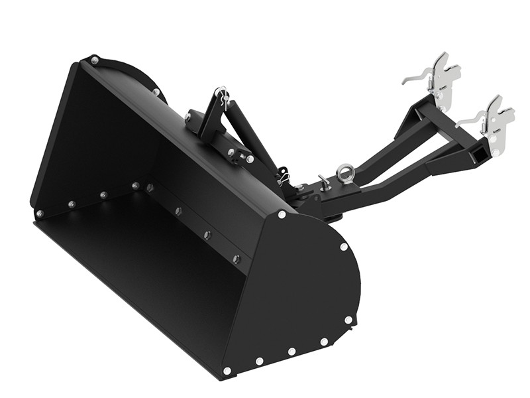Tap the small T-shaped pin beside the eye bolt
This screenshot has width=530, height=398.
click(324, 182)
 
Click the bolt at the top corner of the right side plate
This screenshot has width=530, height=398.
click(282, 214)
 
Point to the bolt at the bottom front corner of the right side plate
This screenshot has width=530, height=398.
click(227, 370)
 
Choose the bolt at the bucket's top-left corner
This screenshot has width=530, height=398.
click(94, 60)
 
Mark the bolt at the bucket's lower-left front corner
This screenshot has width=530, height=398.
click(40, 214)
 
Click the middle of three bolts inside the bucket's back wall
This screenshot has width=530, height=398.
click(207, 235)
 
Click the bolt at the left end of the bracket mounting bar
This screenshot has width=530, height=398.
click(188, 118)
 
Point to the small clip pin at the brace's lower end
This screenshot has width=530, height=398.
click(283, 176)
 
